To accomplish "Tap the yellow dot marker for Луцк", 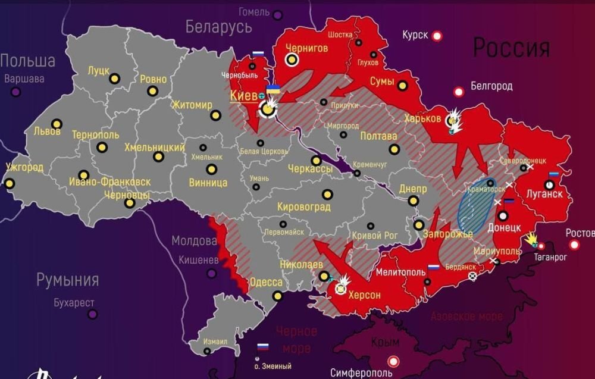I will click(x=114, y=78).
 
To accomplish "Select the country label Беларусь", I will click(x=218, y=27).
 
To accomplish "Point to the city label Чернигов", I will click(x=306, y=48).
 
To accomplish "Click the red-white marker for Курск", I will click(x=437, y=36).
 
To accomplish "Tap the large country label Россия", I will click(x=511, y=48).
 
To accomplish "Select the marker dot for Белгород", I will click(x=459, y=92).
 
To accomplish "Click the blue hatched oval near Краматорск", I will click(x=476, y=208).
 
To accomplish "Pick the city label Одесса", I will click(x=265, y=282).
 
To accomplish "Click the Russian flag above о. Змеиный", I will click(x=262, y=347).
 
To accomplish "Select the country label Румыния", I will click(x=67, y=280).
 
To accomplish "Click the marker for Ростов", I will click(x=574, y=245).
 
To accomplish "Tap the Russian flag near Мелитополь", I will click(x=433, y=268).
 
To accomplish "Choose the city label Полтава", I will click(x=378, y=136).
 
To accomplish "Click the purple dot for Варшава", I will click(x=15, y=92).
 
